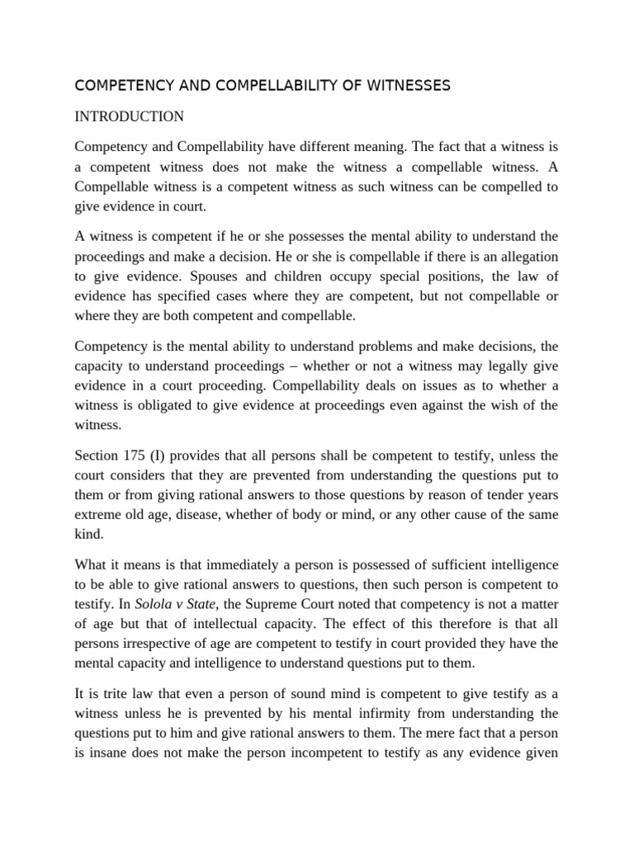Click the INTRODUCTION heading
tap(129, 116)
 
